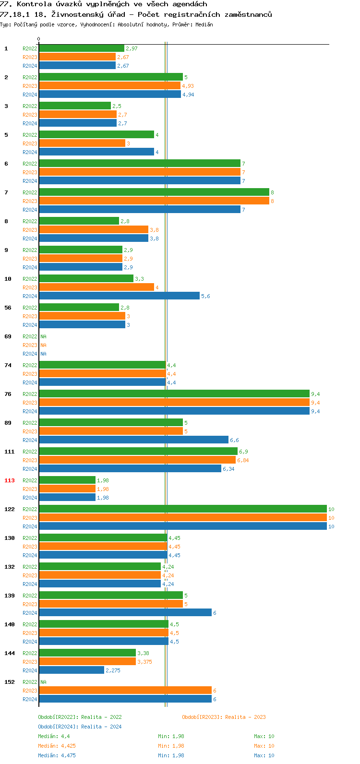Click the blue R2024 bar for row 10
(119, 296)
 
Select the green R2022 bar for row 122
(182, 509)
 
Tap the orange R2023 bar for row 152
(125, 691)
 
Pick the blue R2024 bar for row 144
(72, 670)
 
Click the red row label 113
(10, 480)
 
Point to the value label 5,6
(205, 296)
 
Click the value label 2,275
(113, 670)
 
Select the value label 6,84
(243, 460)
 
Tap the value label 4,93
(188, 86)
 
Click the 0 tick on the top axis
(39, 39)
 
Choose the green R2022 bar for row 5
(96, 135)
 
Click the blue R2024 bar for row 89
(133, 440)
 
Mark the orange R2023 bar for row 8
(94, 230)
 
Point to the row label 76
(8, 394)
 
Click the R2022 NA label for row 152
(43, 682)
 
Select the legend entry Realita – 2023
(224, 717)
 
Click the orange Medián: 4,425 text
(57, 746)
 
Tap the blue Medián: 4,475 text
(57, 755)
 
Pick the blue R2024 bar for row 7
(139, 210)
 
